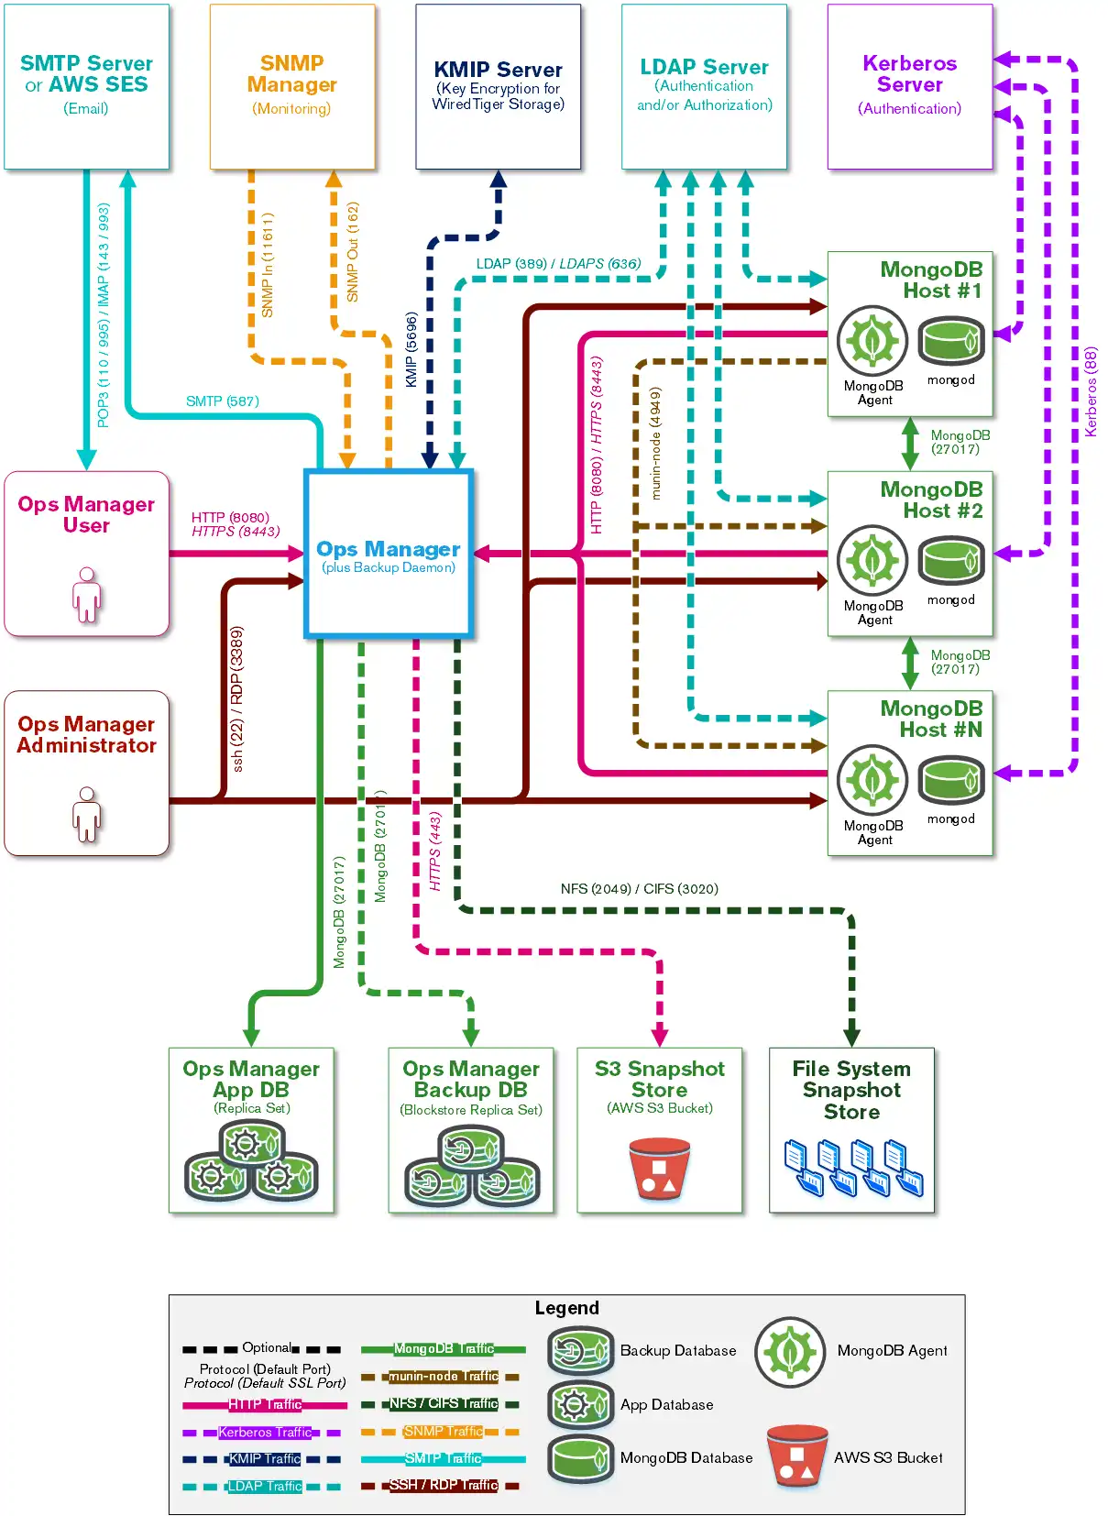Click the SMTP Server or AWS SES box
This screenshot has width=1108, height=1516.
(86, 86)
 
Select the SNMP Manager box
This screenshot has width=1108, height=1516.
(292, 86)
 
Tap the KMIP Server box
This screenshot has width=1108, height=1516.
(498, 86)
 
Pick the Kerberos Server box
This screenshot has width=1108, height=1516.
(909, 86)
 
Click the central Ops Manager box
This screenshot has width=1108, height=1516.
(389, 554)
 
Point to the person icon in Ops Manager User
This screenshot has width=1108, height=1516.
(87, 595)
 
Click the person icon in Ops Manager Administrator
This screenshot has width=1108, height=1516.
(87, 814)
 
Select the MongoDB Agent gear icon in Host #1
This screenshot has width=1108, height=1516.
(872, 340)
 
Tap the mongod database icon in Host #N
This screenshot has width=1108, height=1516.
(951, 780)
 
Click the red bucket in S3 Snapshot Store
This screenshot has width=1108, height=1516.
(659, 1169)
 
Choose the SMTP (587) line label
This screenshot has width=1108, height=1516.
(223, 401)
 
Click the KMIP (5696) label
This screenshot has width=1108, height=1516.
(411, 349)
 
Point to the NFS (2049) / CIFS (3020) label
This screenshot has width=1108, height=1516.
(639, 889)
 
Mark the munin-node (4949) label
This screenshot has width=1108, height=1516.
(655, 443)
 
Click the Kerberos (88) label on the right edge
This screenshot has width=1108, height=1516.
(1091, 391)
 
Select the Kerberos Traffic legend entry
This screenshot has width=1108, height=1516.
(264, 1432)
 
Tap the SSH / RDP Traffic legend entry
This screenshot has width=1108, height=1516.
(443, 1485)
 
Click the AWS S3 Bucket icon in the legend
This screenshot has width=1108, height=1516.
(796, 1456)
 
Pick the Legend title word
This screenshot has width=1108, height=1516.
(566, 1308)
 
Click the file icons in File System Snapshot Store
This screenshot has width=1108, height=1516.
(852, 1168)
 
